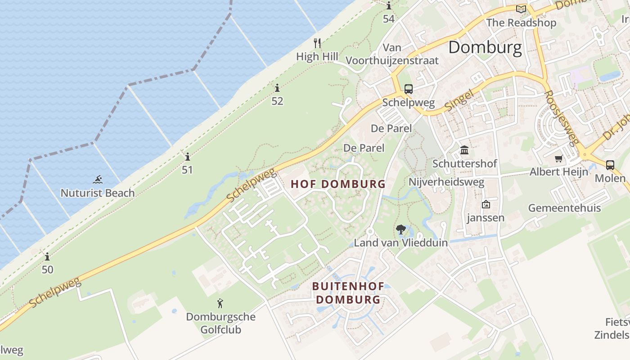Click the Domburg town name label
point(485,47)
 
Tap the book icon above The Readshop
point(521,9)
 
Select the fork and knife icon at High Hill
point(317,43)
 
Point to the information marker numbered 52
point(277,88)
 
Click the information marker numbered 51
point(187,157)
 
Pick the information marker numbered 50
point(47,257)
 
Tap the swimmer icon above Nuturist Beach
point(98,180)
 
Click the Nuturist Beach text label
point(98,193)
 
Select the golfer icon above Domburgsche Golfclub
point(220,303)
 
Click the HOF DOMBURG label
point(338,184)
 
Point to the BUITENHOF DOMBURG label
point(348,293)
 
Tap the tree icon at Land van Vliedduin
point(400,230)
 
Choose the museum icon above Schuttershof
point(464,150)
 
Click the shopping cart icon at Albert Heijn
point(559,158)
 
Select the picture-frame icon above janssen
point(486,204)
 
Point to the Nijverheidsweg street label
point(446,182)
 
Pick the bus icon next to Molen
point(610,165)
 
